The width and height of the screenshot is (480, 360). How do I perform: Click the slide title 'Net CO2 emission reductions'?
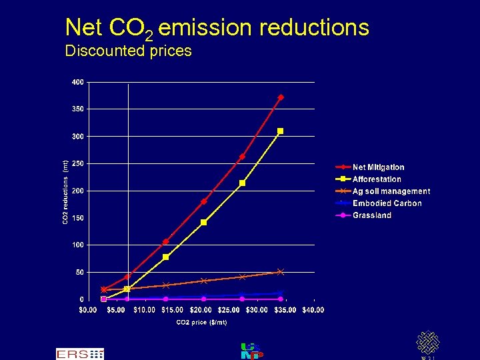point(217,28)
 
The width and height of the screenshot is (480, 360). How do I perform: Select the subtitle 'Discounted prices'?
point(128,51)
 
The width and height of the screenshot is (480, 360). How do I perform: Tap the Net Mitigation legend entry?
point(378,167)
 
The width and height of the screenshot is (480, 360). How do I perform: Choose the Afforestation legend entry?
point(377,179)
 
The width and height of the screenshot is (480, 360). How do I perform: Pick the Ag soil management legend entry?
point(391,191)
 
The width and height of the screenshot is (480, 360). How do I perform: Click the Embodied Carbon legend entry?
point(387,203)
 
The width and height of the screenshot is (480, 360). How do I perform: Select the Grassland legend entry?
point(371,215)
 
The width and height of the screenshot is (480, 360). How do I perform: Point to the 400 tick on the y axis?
point(78,82)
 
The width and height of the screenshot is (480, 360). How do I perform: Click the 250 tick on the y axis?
point(78,163)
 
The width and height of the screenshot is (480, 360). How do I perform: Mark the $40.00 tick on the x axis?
point(313,310)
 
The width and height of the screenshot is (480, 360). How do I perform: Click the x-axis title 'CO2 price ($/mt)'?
point(201,323)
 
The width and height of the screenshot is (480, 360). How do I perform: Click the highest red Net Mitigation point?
point(281,97)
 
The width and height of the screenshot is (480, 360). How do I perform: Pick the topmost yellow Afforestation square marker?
point(281,131)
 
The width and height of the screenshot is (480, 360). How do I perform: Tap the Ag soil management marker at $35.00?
point(281,272)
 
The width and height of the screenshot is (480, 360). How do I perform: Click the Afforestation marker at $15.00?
point(166,257)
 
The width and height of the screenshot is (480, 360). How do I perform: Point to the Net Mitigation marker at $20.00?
point(204,201)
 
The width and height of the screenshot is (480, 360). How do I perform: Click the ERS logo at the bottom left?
point(79,354)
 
